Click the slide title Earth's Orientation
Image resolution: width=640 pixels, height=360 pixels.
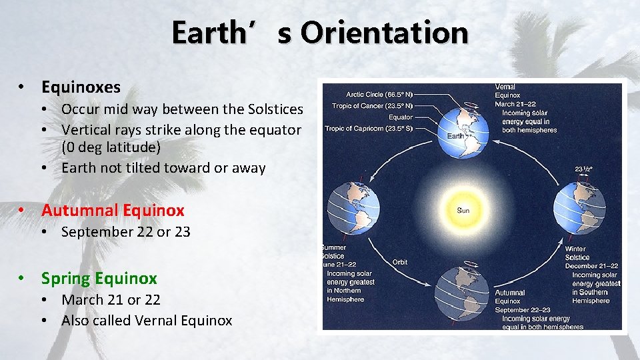[x=319, y=32]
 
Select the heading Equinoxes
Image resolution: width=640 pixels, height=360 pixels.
[x=81, y=87]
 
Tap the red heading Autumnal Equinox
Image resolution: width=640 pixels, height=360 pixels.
[x=113, y=211]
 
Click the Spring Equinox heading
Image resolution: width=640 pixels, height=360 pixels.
[x=99, y=278]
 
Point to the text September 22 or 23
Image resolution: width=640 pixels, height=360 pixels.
[x=125, y=232]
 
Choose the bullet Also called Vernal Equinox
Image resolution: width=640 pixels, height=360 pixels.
[x=147, y=321]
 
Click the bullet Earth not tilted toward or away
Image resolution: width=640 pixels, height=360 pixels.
[x=163, y=168]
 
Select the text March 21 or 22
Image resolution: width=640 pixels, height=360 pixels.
[x=111, y=300]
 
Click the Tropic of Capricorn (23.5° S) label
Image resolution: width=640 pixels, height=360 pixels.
[x=369, y=128]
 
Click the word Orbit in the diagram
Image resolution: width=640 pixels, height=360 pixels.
[x=399, y=262]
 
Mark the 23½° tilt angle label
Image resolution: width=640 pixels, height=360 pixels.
[x=584, y=169]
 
